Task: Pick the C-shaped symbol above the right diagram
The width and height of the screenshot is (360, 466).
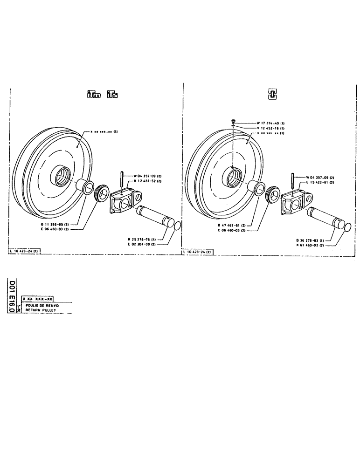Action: coord(270,95)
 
